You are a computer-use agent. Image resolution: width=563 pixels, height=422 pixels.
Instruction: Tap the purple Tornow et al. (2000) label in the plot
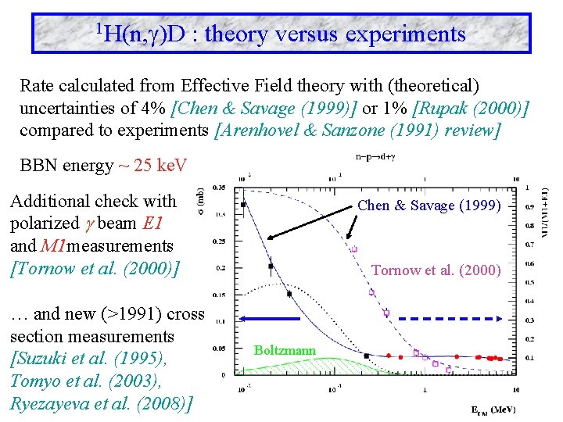(436, 270)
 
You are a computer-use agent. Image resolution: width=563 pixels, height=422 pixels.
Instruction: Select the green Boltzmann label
(285, 351)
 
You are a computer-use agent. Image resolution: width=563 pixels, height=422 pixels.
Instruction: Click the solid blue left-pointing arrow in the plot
(270, 319)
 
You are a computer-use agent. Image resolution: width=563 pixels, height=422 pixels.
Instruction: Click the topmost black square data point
(245, 205)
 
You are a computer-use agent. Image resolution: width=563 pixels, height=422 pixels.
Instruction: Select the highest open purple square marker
(355, 249)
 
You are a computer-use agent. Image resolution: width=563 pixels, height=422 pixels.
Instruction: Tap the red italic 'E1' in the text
(153, 223)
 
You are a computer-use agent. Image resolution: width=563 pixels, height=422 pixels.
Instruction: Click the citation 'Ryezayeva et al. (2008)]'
(102, 404)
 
